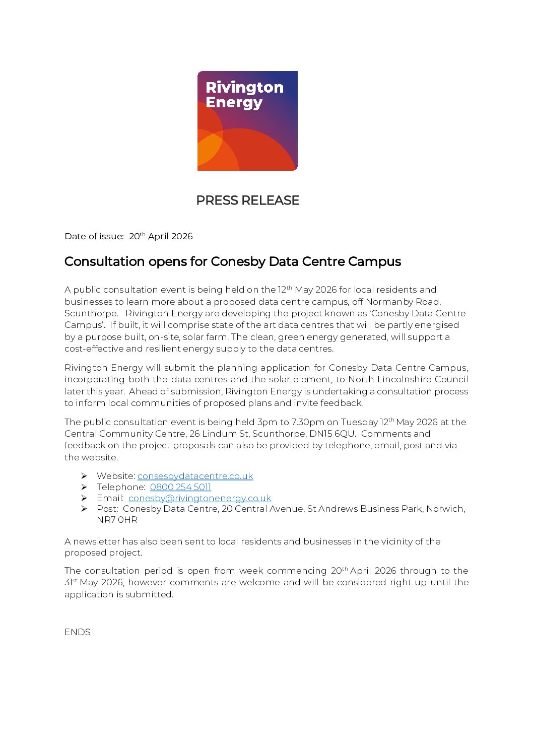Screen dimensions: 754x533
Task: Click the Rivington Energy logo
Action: click(247, 121)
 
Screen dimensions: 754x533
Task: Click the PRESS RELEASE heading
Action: click(247, 200)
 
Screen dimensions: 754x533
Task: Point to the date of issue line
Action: click(128, 236)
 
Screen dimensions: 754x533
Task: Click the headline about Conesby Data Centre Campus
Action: click(232, 261)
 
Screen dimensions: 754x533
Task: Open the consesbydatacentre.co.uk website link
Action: click(195, 476)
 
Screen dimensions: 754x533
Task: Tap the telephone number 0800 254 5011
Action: click(180, 487)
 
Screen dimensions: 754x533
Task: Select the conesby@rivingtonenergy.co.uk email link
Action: click(199, 498)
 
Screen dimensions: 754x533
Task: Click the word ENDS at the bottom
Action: click(78, 632)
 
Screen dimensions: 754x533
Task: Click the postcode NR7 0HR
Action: click(117, 520)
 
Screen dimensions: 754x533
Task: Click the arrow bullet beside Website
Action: click(84, 476)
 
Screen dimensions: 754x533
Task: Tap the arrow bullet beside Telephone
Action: click(84, 487)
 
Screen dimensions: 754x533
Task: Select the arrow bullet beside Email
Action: click(84, 498)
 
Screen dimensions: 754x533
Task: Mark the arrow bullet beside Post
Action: click(84, 509)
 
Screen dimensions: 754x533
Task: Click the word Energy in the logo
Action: click(234, 103)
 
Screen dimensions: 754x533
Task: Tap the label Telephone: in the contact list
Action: click(121, 487)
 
